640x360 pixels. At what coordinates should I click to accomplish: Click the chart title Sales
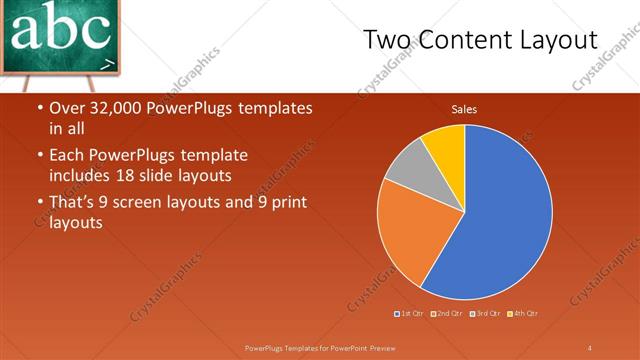tap(464, 108)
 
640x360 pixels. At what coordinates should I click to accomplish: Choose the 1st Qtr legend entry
tap(409, 314)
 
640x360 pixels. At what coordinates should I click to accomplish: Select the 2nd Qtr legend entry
tap(446, 314)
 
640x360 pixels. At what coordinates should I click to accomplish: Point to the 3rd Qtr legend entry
tap(484, 314)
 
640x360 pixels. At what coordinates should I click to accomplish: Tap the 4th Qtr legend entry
tap(521, 314)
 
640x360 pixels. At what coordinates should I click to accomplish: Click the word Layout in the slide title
tap(556, 39)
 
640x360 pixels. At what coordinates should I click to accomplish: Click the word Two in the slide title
tap(384, 39)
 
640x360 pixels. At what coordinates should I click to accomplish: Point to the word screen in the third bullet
tap(147, 203)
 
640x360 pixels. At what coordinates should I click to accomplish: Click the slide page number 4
tap(589, 347)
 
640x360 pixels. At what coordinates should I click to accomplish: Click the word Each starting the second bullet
tap(67, 156)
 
